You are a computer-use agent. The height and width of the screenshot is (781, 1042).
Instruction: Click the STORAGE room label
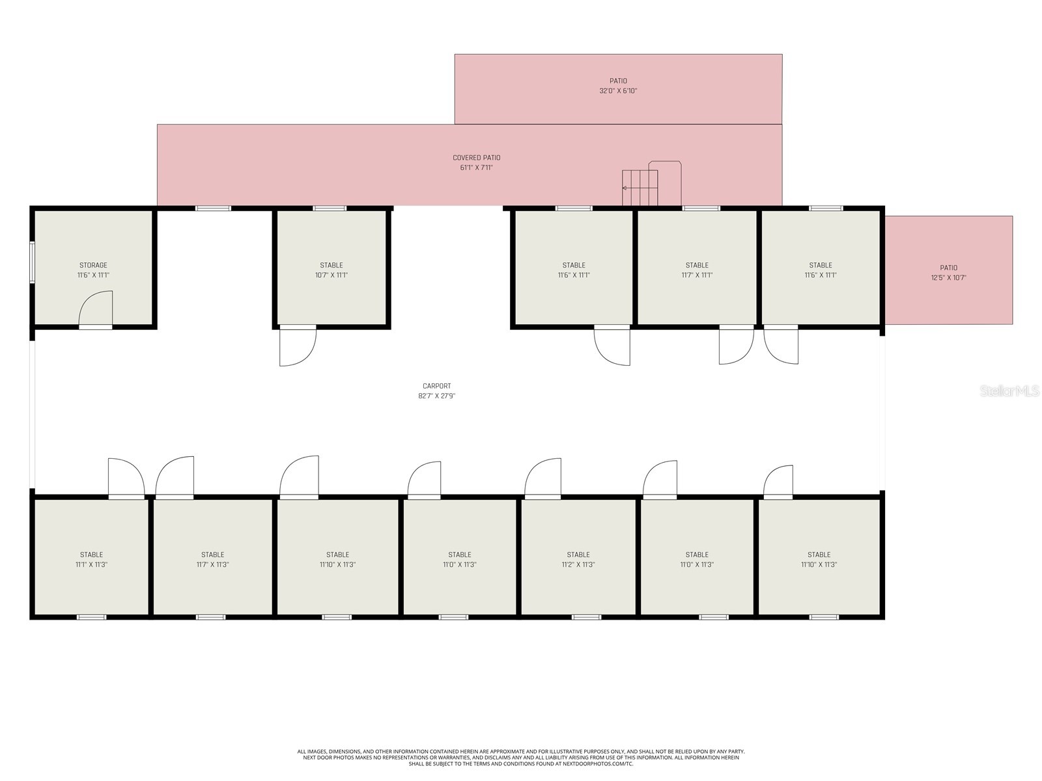(x=93, y=265)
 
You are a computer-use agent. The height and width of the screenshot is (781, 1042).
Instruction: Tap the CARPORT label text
(x=437, y=386)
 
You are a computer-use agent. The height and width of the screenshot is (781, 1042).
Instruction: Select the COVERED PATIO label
(x=476, y=158)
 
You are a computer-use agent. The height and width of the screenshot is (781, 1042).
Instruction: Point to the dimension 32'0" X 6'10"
(x=618, y=90)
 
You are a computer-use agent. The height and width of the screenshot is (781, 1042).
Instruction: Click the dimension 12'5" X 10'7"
(x=948, y=277)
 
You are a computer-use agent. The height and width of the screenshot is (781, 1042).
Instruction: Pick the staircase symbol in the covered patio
(x=640, y=188)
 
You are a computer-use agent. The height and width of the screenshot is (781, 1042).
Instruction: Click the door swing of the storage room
(x=96, y=308)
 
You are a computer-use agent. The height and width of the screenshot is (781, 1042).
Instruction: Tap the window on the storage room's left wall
(x=33, y=262)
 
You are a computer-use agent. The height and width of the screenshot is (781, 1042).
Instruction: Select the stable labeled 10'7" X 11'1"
(x=331, y=269)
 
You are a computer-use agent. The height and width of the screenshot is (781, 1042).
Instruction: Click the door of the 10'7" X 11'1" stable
(x=298, y=347)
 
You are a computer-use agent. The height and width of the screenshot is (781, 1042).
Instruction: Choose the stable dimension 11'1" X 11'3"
(x=91, y=564)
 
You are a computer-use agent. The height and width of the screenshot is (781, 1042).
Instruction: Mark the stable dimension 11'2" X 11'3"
(x=578, y=564)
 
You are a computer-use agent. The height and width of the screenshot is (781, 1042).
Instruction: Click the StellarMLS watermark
(x=1009, y=390)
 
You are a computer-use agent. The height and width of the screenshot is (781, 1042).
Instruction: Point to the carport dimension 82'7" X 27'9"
(x=437, y=396)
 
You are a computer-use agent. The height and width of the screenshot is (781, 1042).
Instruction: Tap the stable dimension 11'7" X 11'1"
(x=697, y=275)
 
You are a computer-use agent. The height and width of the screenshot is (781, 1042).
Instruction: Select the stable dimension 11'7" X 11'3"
(x=212, y=564)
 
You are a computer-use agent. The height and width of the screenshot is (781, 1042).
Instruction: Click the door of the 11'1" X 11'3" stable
(x=126, y=477)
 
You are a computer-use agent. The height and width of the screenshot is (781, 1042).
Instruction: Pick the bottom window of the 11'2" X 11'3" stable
(x=586, y=617)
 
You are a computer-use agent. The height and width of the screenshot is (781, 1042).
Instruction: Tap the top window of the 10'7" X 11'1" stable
(x=330, y=208)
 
